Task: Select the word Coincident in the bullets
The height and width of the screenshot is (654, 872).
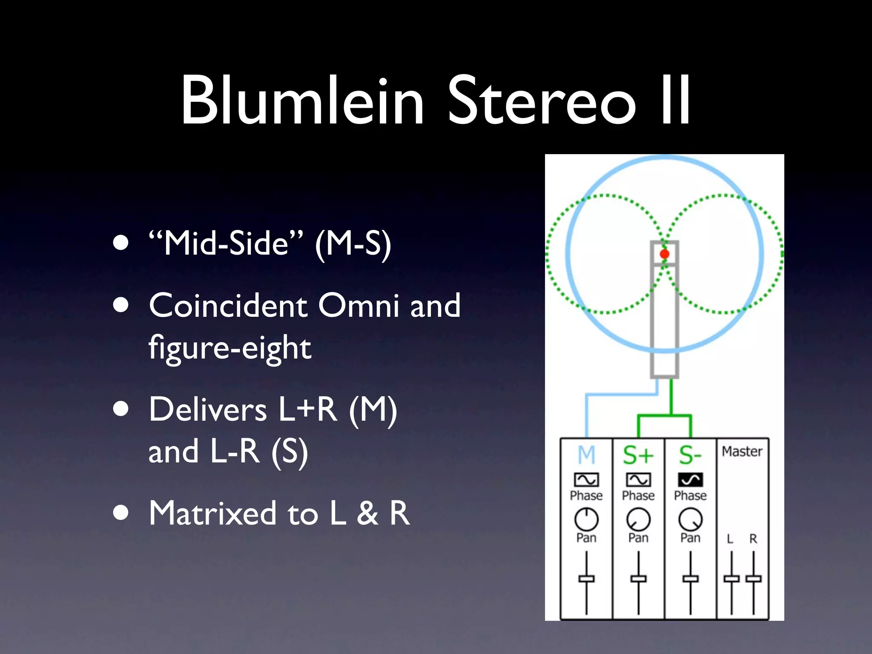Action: point(228,305)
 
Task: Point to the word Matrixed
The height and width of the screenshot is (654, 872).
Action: point(212,513)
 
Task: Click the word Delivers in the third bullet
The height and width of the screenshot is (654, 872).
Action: point(207,410)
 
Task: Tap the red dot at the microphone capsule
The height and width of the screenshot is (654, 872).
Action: point(664,254)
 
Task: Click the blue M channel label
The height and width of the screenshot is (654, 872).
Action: point(586,455)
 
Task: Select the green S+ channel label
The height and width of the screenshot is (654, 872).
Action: point(638,455)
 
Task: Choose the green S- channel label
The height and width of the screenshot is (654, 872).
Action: point(690,455)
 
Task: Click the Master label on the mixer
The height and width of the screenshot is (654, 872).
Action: point(742,451)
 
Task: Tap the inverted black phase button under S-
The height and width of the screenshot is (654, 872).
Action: point(690,480)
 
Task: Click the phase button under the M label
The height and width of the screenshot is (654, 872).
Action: point(586,480)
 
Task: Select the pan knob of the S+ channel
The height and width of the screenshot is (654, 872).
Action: point(638,519)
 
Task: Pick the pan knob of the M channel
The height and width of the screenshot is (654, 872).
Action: point(586,519)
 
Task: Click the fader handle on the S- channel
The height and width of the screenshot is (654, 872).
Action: point(690,579)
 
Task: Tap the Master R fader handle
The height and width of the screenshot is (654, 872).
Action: point(753,579)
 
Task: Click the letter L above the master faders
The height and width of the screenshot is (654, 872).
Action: point(730,539)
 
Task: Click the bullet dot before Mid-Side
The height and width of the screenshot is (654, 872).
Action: point(121,243)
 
